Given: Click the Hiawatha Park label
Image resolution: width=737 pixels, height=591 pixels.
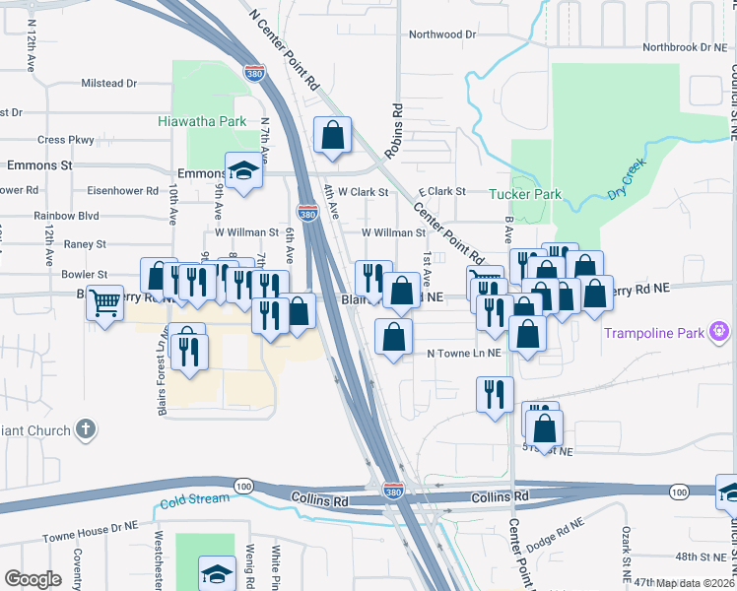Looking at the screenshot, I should pyautogui.click(x=202, y=122).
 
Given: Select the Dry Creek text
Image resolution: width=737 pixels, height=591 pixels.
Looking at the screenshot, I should pyautogui.click(x=626, y=179).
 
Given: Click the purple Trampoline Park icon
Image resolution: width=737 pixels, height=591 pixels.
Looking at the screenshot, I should pyautogui.click(x=722, y=332).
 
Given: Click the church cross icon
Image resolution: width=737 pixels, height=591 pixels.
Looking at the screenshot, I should pyautogui.click(x=87, y=429).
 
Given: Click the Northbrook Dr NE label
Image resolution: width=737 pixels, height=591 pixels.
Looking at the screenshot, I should pyautogui.click(x=683, y=46).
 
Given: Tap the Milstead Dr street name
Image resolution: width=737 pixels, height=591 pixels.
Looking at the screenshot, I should pyautogui.click(x=109, y=84).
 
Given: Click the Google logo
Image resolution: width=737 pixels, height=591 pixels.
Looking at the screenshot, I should pyautogui.click(x=33, y=579).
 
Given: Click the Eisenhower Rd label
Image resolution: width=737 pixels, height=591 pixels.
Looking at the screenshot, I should pyautogui.click(x=116, y=191).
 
